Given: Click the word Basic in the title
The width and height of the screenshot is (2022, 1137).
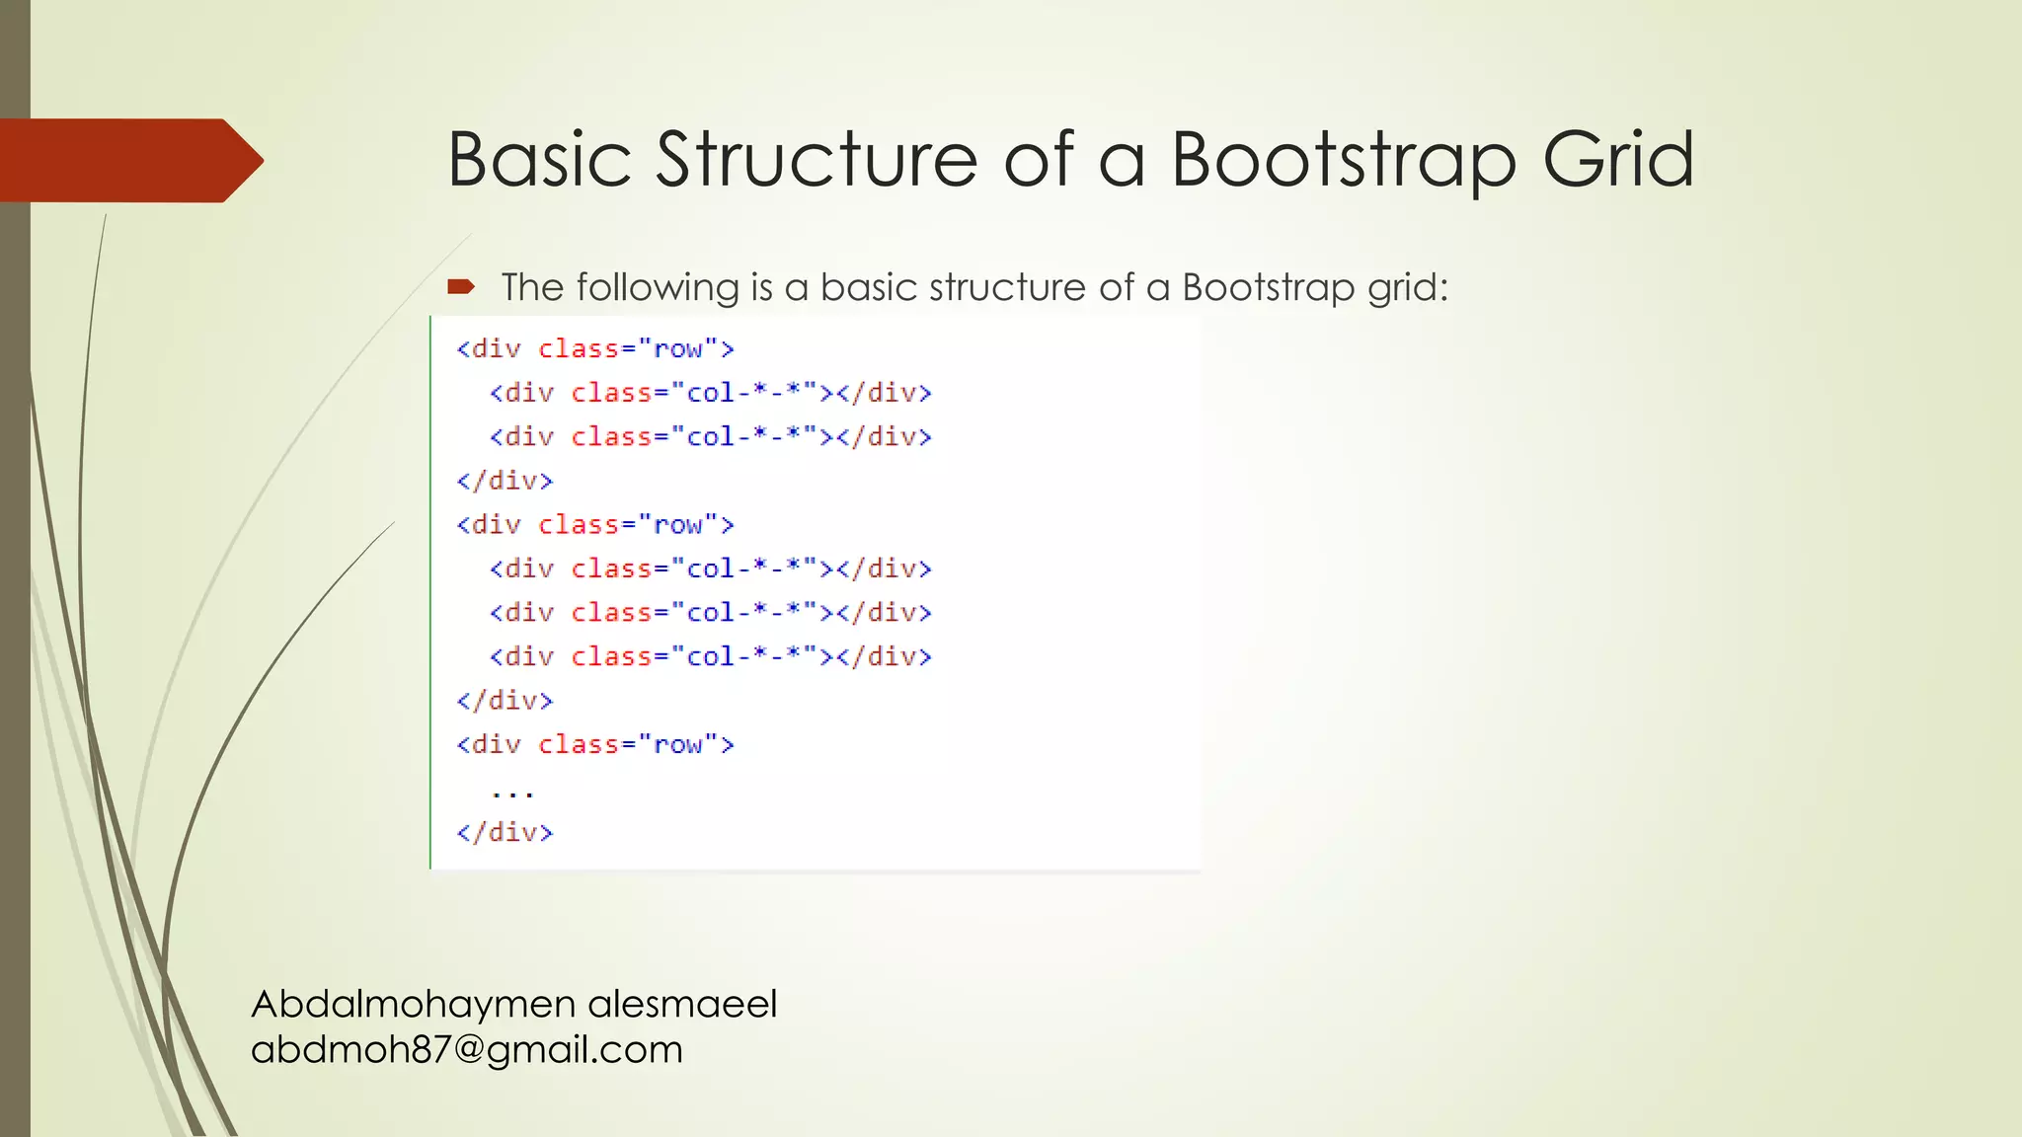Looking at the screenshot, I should point(539,159).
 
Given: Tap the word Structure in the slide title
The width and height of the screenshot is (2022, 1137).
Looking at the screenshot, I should point(817,159).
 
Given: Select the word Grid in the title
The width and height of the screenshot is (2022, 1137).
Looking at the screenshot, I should point(1618,159).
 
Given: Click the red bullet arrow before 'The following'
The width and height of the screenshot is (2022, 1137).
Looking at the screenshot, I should point(461,287).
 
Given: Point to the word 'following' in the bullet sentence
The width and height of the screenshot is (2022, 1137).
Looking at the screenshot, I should point(658,287).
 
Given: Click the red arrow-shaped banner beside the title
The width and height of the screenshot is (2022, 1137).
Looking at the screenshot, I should point(128,160).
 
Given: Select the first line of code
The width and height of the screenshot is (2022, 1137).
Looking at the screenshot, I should point(595,348).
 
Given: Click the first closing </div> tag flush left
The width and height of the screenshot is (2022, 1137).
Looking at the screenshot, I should point(505,481).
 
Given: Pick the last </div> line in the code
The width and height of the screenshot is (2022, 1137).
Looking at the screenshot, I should point(505,832).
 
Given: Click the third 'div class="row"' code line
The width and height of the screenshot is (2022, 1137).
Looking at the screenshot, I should point(595,744).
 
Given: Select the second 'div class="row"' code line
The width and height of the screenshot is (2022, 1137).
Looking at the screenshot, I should point(595,524).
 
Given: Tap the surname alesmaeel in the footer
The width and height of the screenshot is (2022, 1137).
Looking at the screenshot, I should point(682,1004).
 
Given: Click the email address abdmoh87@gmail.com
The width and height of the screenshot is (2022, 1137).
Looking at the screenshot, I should point(466,1049).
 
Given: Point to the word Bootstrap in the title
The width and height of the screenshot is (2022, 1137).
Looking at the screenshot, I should point(1344,159).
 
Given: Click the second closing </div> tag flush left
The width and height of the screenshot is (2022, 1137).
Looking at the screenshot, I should point(505,701).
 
